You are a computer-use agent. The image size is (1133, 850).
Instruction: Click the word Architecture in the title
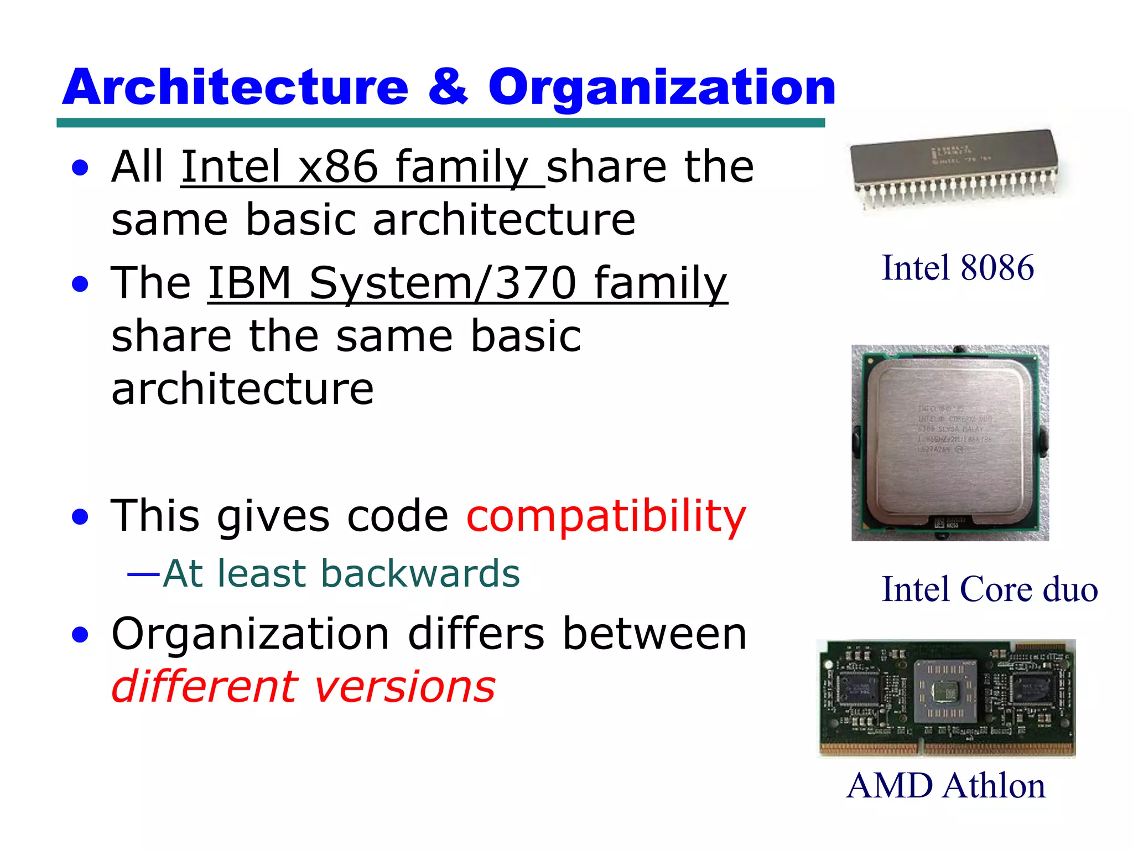coord(235,87)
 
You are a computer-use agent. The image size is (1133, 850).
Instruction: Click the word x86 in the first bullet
coord(338,167)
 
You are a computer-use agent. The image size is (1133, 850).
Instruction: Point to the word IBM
coord(250,283)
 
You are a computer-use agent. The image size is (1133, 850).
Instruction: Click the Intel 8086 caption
coord(958,268)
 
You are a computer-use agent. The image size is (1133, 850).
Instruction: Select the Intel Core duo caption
coord(989,589)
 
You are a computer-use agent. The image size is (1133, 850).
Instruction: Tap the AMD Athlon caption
coord(946,786)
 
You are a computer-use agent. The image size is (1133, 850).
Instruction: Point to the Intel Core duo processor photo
coord(950,443)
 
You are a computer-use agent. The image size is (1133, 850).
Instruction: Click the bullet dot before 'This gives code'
coord(81,517)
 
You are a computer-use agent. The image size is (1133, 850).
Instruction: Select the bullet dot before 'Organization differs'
coord(81,635)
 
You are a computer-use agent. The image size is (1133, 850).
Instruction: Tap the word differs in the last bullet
coord(476,634)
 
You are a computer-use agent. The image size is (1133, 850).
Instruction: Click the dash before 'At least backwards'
coord(143,574)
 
